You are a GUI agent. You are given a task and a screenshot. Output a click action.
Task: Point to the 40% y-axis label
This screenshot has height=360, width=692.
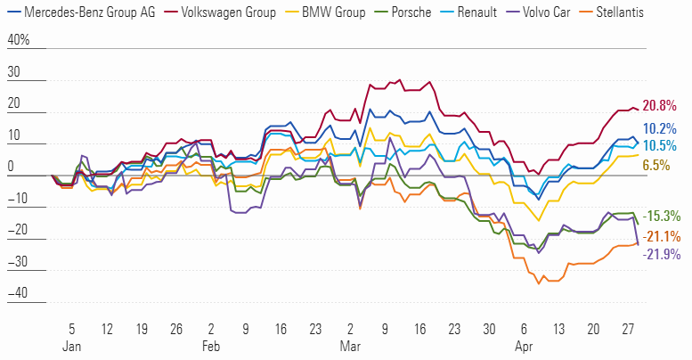tap(19, 41)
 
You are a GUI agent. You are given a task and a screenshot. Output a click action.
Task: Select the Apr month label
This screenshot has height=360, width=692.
tap(523, 344)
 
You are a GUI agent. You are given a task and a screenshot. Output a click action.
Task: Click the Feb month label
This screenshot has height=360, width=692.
tap(212, 344)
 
